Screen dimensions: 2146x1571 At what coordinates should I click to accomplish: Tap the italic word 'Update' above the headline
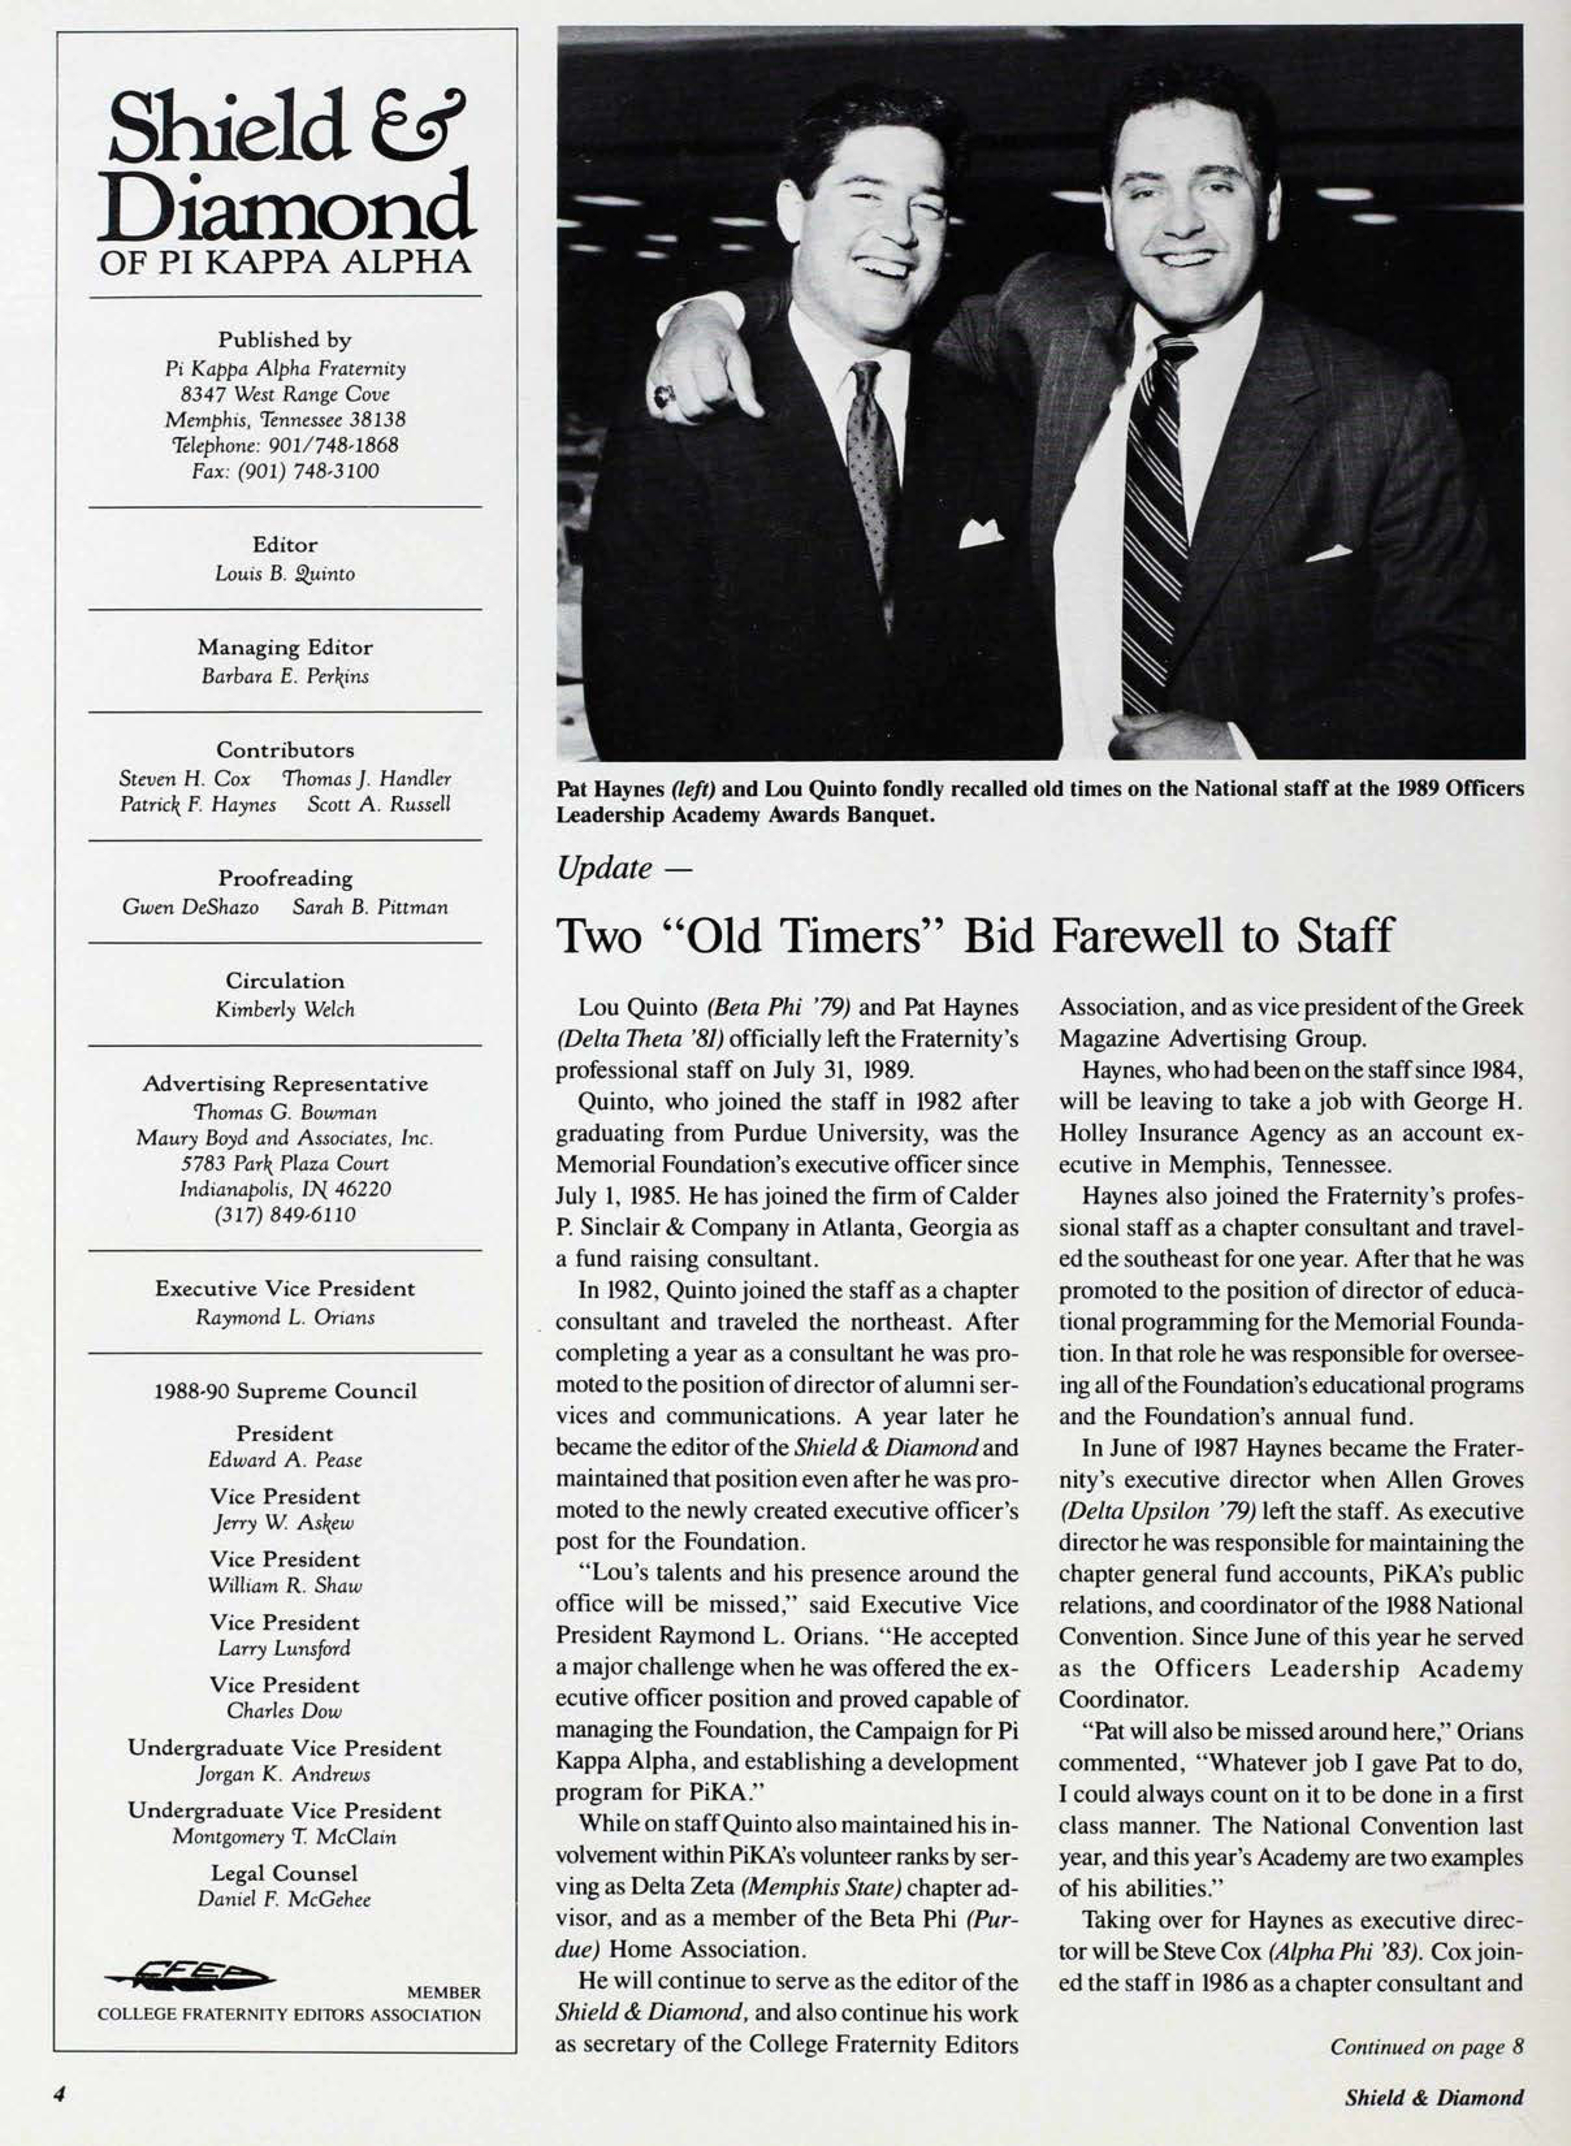[605, 868]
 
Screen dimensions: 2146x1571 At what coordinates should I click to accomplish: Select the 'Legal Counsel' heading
[284, 1873]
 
